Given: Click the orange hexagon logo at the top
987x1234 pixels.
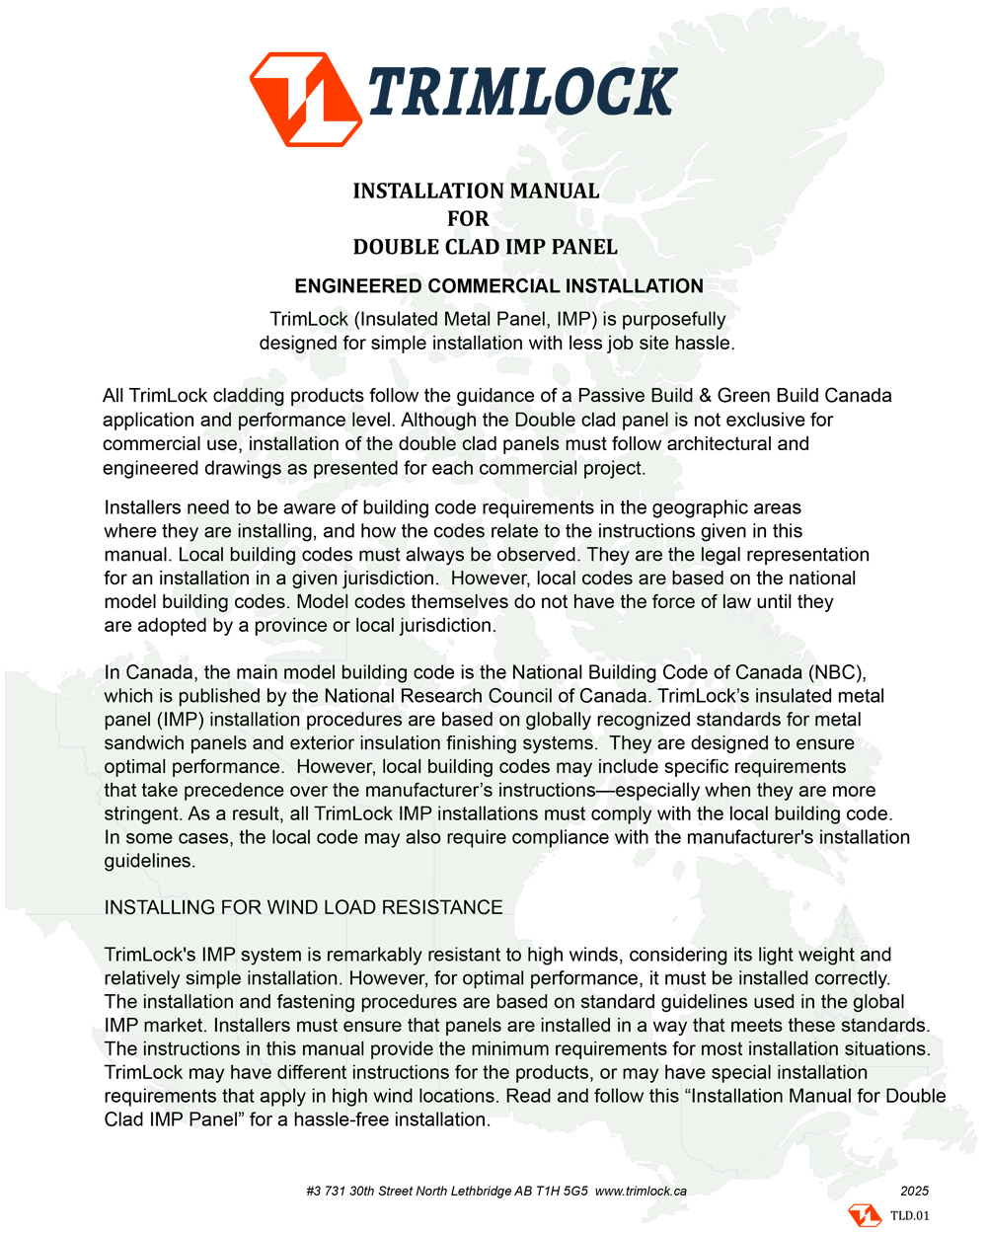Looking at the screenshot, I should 304,99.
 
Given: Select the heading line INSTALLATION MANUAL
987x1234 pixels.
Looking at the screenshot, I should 476,191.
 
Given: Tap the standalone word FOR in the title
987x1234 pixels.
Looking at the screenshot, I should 468,218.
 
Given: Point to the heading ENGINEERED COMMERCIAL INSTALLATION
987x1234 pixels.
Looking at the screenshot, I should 498,286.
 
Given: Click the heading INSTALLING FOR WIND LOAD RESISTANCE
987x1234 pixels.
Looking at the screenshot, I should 303,907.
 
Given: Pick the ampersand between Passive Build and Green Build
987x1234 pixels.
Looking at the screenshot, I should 705,396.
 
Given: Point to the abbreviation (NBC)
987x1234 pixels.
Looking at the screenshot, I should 835,672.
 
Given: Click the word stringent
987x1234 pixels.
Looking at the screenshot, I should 142,814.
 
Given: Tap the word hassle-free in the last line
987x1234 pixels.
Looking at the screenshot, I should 340,1120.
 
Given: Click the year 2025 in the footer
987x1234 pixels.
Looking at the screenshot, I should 915,1191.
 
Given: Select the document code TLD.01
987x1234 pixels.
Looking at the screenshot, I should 909,1215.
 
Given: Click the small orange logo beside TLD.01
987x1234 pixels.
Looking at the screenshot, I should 865,1215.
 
